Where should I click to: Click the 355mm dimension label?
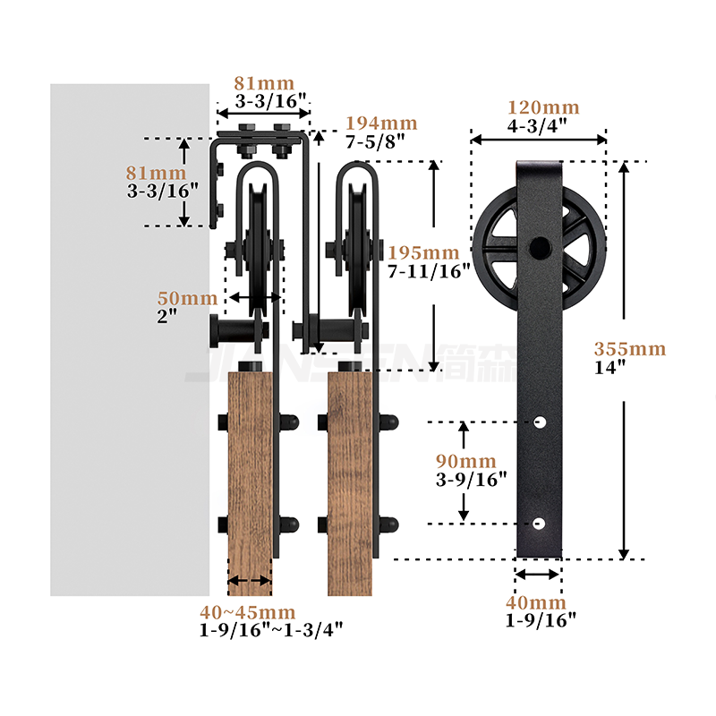(x=630, y=349)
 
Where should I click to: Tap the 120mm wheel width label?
(x=543, y=107)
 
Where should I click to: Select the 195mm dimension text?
(x=423, y=252)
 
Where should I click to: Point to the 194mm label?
(x=381, y=124)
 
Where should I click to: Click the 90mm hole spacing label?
(x=465, y=461)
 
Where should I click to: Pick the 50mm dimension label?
(x=187, y=298)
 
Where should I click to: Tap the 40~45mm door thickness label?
(x=248, y=612)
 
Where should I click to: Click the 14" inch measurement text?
(x=609, y=367)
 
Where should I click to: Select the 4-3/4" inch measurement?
(x=537, y=125)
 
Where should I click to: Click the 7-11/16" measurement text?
(x=429, y=271)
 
